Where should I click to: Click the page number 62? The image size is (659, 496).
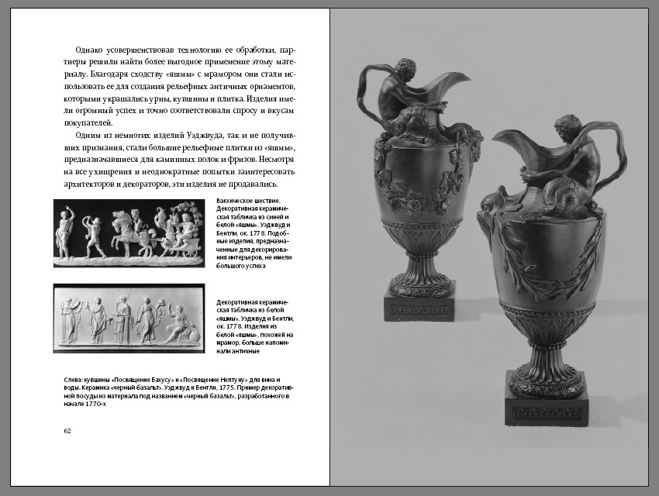pos(67,430)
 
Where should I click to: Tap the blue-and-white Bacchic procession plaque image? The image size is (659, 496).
pos(129,233)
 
